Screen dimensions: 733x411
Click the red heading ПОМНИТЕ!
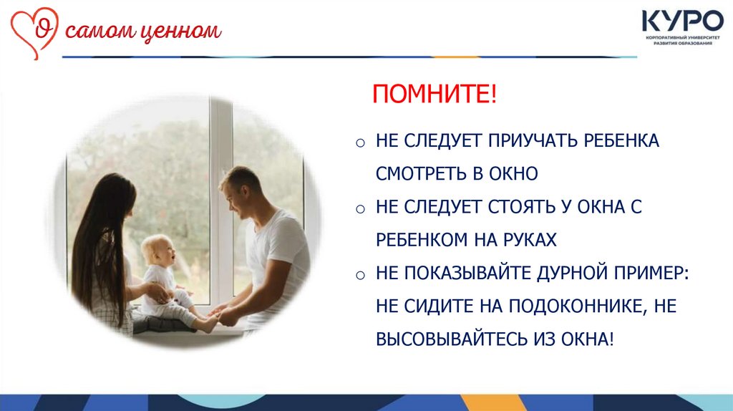point(435,94)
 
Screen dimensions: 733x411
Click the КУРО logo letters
point(682,21)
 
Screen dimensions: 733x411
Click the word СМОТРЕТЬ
point(421,174)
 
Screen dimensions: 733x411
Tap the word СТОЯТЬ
point(522,207)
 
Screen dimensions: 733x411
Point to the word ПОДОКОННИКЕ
point(578,306)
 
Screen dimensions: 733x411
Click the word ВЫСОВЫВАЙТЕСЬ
point(452,339)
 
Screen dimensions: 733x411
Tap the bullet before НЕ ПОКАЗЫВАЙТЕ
point(360,275)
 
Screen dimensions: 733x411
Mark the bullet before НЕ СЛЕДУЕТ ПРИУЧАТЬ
point(360,142)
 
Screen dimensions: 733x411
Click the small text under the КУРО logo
point(683,40)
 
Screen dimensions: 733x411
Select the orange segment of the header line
point(456,57)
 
